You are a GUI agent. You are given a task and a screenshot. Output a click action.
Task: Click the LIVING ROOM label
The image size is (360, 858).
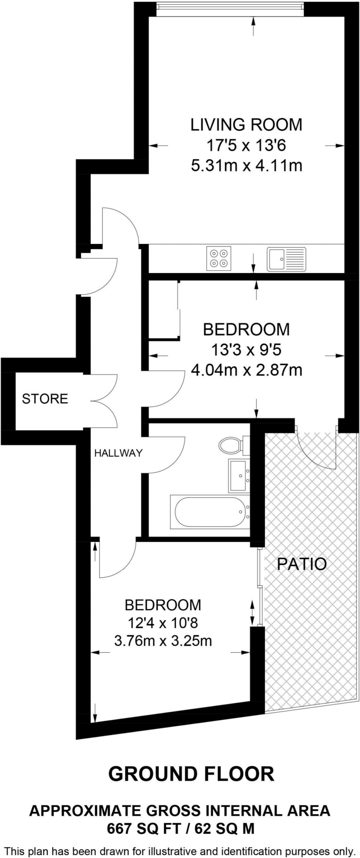[x=246, y=125]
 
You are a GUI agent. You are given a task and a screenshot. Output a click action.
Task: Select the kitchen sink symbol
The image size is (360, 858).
[x=287, y=258]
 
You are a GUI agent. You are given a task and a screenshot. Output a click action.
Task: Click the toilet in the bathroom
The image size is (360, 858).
[x=230, y=445]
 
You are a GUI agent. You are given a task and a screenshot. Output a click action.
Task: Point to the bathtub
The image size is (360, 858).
[x=210, y=512]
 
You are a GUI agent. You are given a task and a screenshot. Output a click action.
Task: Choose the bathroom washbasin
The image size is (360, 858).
[x=239, y=476]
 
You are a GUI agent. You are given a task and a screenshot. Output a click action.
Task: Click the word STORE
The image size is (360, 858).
[x=45, y=398]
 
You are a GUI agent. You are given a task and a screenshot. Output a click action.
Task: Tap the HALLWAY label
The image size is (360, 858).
[x=118, y=453]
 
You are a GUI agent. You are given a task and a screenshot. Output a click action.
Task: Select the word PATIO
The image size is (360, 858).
[x=302, y=564]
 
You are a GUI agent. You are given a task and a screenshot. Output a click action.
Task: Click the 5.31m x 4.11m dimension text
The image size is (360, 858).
[x=246, y=166]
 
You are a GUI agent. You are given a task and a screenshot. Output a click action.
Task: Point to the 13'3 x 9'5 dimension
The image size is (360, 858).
[x=246, y=350]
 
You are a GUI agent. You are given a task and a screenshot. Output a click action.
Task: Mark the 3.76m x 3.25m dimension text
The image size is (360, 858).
[x=163, y=641]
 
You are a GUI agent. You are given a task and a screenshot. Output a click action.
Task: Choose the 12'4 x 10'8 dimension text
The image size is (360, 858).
[x=163, y=623]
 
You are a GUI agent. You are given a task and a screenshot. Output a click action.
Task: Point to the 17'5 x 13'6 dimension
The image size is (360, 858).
[x=246, y=146]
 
